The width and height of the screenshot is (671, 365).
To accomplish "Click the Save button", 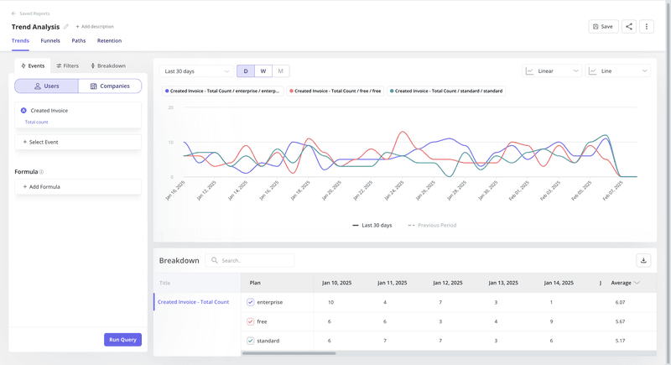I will coord(603,27).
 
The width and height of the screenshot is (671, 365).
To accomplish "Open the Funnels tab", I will coord(50,40).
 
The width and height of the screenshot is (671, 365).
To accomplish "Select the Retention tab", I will coord(109,40).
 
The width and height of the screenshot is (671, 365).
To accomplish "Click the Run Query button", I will coord(122,340).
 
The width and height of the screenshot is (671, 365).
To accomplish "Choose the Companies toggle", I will coord(110,86).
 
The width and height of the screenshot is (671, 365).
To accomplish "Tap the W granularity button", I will coord(263,71).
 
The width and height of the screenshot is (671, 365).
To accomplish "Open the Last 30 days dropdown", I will coord(196,71).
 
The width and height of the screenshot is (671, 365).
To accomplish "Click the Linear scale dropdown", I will coord(552,71).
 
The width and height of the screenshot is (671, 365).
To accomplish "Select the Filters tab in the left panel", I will coord(67,65).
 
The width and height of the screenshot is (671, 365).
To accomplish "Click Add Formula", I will coord(42,187).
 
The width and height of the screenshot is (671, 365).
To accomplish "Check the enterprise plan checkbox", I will coord(250,302).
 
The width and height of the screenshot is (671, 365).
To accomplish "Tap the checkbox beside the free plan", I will coord(250,321).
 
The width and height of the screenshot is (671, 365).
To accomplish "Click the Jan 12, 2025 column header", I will coord(440,283).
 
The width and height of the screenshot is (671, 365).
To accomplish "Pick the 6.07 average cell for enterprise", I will coord(620,302).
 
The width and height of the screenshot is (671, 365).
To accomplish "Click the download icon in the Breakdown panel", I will coord(643,261).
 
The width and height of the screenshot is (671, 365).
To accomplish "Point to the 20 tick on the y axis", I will coord(171,107).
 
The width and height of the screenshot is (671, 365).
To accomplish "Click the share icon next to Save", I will coord(629,27).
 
